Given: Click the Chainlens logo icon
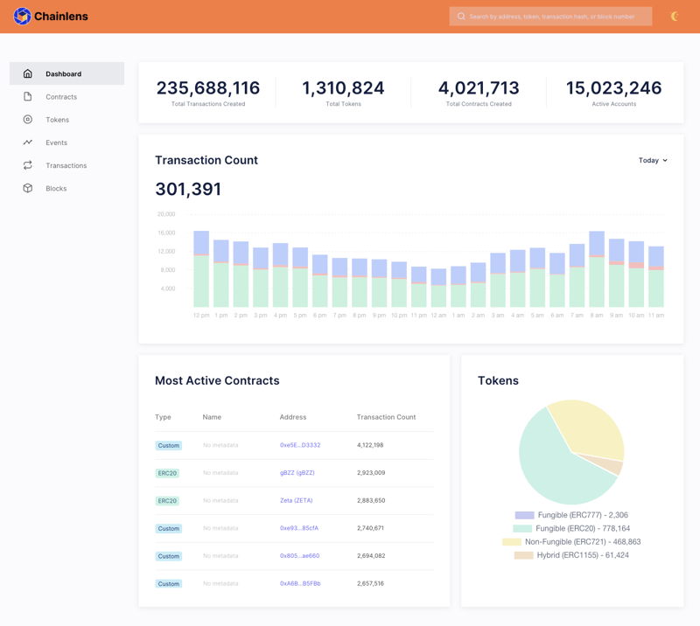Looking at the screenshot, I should coord(22,16).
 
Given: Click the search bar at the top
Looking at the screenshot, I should coord(550,17).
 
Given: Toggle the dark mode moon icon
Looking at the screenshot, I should coord(675,17).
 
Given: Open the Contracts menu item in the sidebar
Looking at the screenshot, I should coord(61,97).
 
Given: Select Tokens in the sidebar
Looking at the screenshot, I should coord(57,120).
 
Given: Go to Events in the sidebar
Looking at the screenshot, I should coord(56,143).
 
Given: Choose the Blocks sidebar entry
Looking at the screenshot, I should coord(56,188).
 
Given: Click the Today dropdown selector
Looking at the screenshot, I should coord(653,161).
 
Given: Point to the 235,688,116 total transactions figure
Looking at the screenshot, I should coord(208,88).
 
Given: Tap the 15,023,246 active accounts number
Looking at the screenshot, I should coord(613,88).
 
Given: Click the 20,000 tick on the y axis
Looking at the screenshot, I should coord(166,214).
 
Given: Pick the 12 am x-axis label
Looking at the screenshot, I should coord(438,315).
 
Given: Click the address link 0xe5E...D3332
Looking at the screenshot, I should coord(300,445).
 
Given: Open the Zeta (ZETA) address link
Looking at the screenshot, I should coord(296,501).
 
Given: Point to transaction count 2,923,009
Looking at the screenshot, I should coord(371,473).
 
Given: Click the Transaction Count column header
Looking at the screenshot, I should coord(386,417).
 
